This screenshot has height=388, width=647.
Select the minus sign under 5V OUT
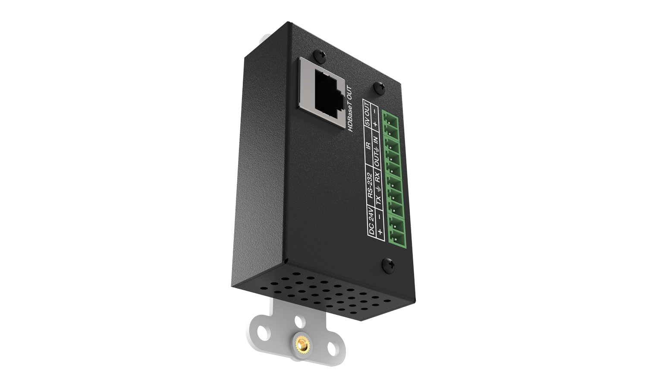[x=375, y=111]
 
